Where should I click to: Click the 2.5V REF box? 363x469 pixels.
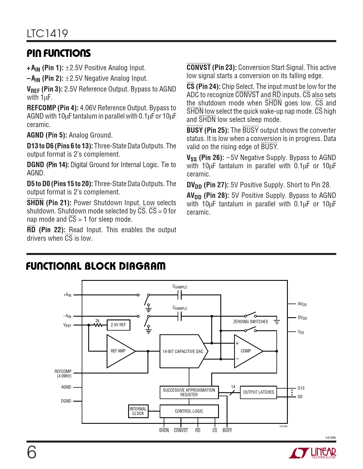(118, 325)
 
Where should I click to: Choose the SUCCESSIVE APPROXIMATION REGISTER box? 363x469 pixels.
(189, 392)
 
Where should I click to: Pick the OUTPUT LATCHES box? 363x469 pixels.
(259, 392)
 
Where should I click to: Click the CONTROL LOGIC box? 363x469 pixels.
(189, 411)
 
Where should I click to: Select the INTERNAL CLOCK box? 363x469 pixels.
(138, 411)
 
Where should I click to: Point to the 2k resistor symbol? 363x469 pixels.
(98, 325)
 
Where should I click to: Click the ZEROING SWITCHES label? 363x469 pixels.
(251, 322)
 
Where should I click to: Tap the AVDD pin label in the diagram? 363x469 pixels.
(302, 304)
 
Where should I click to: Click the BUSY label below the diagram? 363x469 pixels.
(227, 431)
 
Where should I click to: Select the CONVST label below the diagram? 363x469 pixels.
(181, 431)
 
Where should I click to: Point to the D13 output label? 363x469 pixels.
(301, 388)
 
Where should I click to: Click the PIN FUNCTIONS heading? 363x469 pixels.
(59, 53)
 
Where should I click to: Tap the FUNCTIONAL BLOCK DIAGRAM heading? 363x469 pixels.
(96, 266)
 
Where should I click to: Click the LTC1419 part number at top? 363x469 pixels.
(47, 34)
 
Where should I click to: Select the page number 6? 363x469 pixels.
(32, 452)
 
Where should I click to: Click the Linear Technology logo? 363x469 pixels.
(313, 453)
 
